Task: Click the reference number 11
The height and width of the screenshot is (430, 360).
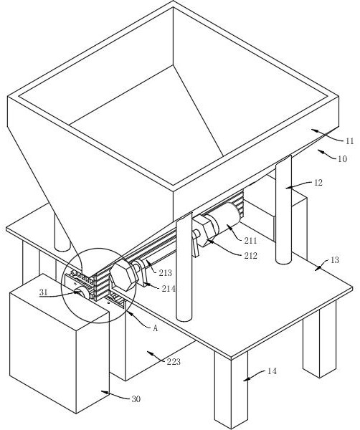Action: tap(349, 141)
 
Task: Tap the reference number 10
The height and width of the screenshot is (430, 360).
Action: tap(342, 159)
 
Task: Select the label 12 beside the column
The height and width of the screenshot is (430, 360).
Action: tap(318, 183)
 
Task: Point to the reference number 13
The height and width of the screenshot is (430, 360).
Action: tap(334, 259)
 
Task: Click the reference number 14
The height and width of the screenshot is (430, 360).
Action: tap(272, 371)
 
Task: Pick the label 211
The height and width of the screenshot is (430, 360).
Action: tap(250, 241)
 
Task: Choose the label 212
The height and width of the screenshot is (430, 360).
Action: tap(251, 256)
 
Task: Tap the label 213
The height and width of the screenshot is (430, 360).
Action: tap(165, 272)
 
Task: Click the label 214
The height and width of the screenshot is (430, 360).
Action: tap(169, 289)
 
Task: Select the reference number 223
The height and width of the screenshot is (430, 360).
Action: tap(174, 362)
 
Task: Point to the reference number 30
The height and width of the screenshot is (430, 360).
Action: tap(136, 399)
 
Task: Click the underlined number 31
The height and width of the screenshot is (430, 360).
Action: tap(43, 292)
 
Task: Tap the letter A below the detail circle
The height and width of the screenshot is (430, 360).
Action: tap(156, 328)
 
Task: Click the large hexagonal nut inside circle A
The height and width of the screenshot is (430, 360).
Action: tap(123, 276)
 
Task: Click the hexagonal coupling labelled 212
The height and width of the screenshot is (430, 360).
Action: tap(207, 230)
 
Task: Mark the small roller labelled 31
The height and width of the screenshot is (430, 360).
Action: tap(84, 292)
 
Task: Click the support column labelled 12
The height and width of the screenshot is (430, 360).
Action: tap(284, 210)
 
